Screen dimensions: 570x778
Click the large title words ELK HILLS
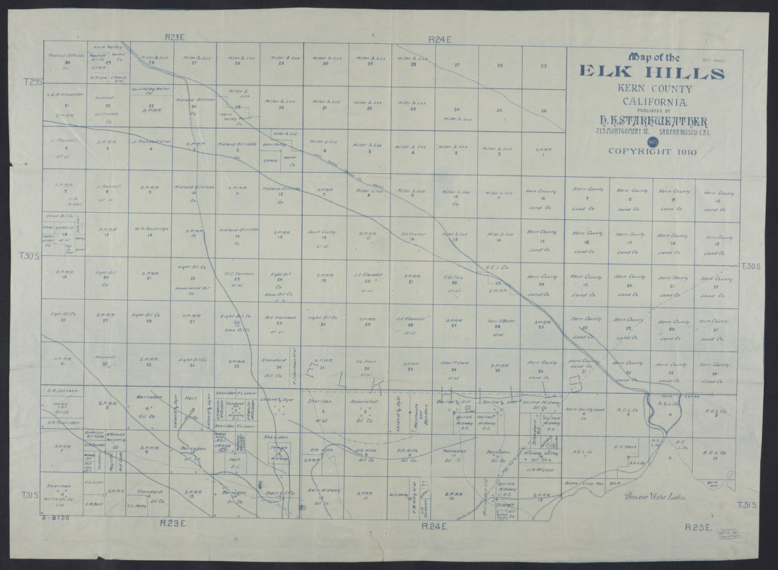pyautogui.click(x=651, y=72)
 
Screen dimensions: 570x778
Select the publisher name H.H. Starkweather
pyautogui.click(x=651, y=122)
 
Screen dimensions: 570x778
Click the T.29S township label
pyautogui.click(x=33, y=83)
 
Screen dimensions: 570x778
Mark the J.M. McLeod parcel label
pyautogui.click(x=543, y=468)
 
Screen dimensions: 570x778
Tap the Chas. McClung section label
pyautogui.click(x=455, y=364)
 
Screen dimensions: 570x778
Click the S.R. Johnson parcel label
pyautogui.click(x=62, y=390)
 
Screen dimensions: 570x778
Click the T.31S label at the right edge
pyautogui.click(x=748, y=504)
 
